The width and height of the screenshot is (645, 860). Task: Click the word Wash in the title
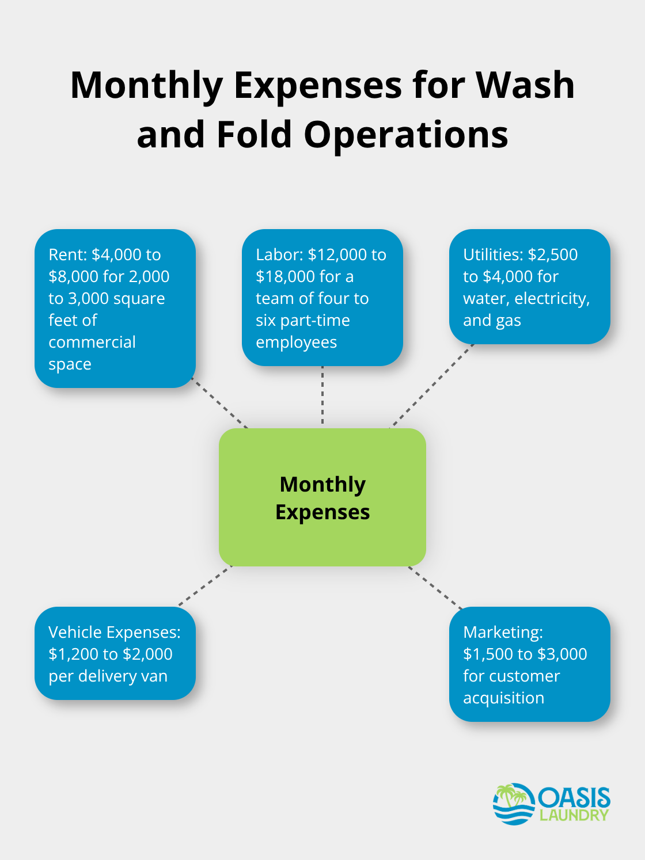coord(525,85)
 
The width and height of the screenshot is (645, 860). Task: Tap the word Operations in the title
coord(406,135)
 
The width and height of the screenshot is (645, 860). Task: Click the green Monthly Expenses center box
coord(322,497)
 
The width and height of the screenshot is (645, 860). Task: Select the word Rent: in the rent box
coord(68,254)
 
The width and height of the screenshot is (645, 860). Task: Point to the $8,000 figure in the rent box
coord(73,276)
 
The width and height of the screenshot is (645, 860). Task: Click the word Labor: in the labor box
coord(280,254)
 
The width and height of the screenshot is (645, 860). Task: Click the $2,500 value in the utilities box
coord(553,254)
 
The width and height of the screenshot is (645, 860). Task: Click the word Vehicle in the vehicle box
coord(75,632)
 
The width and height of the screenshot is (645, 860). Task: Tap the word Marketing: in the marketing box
coord(503,632)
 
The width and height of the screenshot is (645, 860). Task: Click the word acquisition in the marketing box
coord(503,698)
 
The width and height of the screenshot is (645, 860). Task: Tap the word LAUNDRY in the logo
coord(574,815)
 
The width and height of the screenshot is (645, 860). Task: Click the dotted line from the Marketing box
coord(436,588)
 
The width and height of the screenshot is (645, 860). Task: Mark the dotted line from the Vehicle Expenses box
coord(206,586)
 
